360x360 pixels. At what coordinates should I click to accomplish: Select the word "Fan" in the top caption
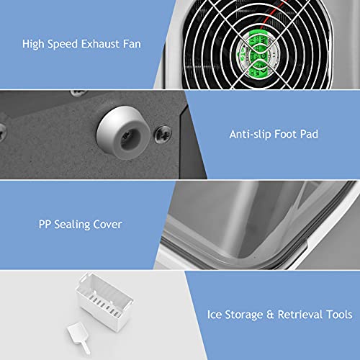132,45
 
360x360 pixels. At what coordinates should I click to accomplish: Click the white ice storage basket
104,311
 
